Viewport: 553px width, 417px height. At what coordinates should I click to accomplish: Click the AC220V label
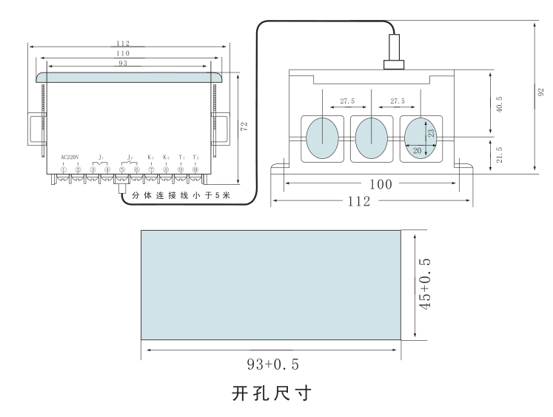(x=70, y=157)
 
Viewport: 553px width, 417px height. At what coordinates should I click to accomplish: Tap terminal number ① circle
(x=64, y=170)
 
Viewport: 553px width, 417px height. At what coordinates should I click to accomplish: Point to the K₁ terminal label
(x=151, y=157)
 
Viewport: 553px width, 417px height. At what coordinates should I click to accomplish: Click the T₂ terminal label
(x=195, y=157)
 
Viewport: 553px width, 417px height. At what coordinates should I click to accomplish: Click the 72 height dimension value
(x=244, y=127)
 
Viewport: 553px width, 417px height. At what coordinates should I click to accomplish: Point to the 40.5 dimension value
(x=500, y=103)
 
